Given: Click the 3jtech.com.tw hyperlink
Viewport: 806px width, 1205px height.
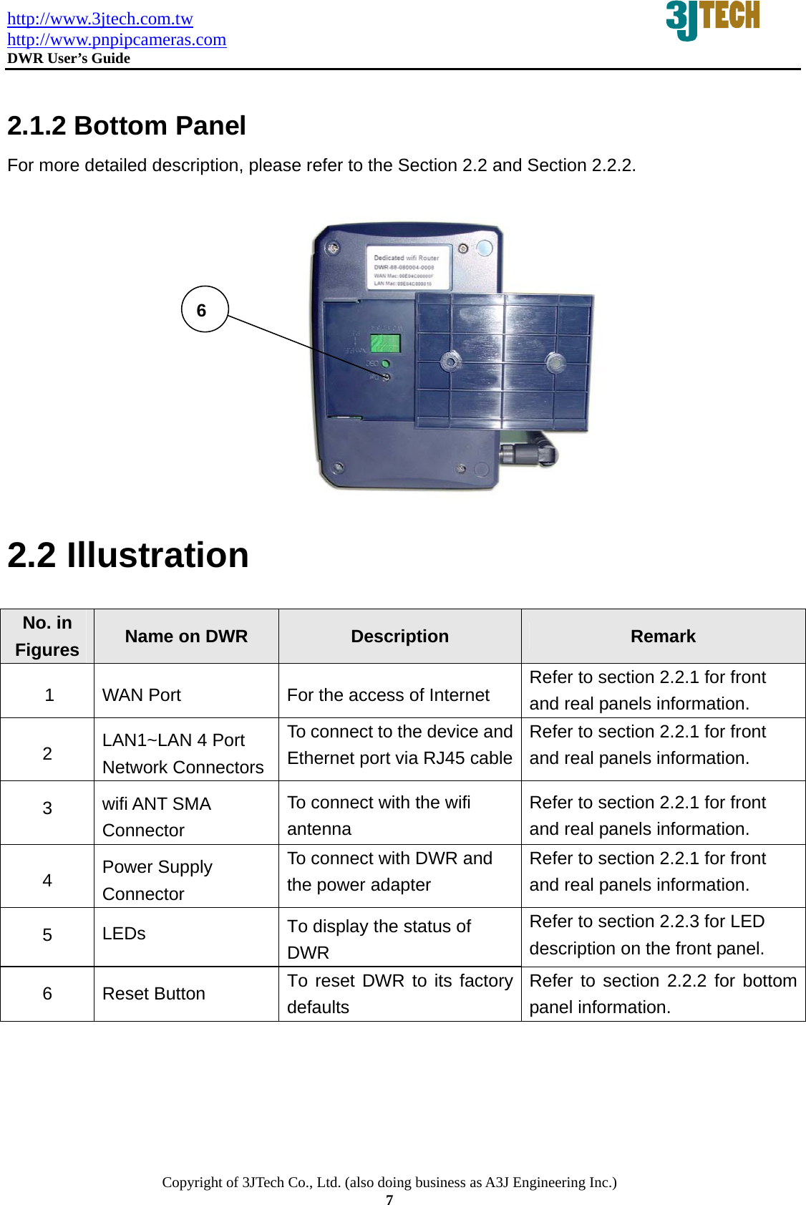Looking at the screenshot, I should click(x=99, y=19).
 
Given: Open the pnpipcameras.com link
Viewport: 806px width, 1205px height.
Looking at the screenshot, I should click(x=117, y=39).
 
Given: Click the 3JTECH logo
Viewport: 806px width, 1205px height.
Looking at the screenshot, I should click(x=712, y=19).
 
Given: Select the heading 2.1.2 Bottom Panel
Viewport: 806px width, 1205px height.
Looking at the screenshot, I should click(x=127, y=126).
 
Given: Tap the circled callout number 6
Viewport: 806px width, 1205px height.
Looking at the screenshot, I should click(x=204, y=309).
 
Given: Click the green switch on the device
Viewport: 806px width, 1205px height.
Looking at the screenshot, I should click(x=384, y=342).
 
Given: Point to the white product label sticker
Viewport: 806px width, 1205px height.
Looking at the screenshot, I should click(x=406, y=268).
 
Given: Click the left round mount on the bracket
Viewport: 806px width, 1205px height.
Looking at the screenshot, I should click(x=450, y=362).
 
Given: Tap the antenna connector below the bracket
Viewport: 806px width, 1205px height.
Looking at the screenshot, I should click(x=528, y=453).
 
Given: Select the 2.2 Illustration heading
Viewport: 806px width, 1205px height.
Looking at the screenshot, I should click(x=128, y=556).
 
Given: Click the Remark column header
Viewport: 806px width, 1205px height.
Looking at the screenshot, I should click(x=663, y=637).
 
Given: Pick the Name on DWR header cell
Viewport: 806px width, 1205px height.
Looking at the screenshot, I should click(x=186, y=637).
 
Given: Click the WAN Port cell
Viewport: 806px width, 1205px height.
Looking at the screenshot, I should click(x=142, y=695).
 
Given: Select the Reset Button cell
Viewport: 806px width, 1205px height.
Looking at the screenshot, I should click(x=154, y=994).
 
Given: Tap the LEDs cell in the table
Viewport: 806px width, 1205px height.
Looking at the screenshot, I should click(x=124, y=934).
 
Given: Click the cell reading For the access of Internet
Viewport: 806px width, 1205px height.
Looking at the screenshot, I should click(x=388, y=695).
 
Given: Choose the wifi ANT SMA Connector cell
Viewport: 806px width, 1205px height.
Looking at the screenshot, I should click(x=157, y=817).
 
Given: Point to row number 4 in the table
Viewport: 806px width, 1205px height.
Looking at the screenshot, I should click(x=47, y=880).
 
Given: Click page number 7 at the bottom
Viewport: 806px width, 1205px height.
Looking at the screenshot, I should click(x=389, y=1200).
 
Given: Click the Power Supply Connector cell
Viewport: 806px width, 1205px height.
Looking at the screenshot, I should click(x=157, y=880).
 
